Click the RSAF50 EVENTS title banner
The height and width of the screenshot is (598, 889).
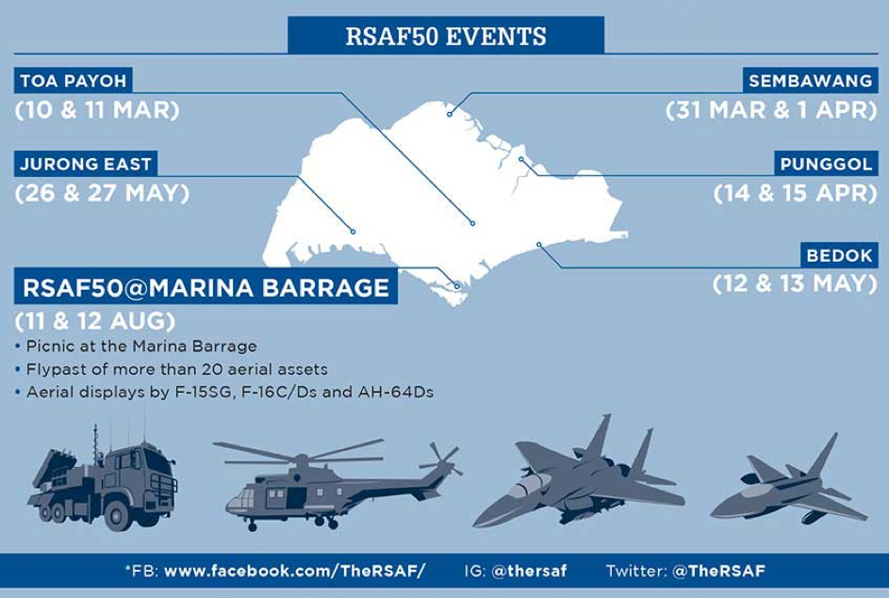point(446,35)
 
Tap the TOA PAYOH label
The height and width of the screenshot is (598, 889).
point(74,80)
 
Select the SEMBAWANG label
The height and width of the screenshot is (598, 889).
point(810,80)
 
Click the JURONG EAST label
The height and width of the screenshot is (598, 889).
point(86,164)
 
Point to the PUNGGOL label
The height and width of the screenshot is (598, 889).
point(826,164)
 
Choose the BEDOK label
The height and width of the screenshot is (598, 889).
point(839,255)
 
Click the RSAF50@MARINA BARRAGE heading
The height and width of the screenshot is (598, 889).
point(206,287)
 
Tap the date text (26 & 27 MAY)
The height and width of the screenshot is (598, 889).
point(102,193)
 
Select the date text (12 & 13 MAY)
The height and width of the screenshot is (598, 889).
point(795,283)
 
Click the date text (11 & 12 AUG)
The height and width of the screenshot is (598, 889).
point(95,321)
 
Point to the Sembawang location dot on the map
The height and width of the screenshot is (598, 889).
point(450,114)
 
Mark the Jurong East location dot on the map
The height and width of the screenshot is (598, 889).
point(353,232)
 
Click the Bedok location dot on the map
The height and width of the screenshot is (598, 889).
point(539,245)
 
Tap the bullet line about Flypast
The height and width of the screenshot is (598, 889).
point(172,369)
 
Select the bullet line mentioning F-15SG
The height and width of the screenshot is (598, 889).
point(224,392)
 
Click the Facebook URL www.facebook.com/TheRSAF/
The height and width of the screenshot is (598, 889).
point(294,571)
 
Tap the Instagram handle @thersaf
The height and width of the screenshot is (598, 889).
point(529,571)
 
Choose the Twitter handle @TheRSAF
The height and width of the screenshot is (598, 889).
point(718,571)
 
